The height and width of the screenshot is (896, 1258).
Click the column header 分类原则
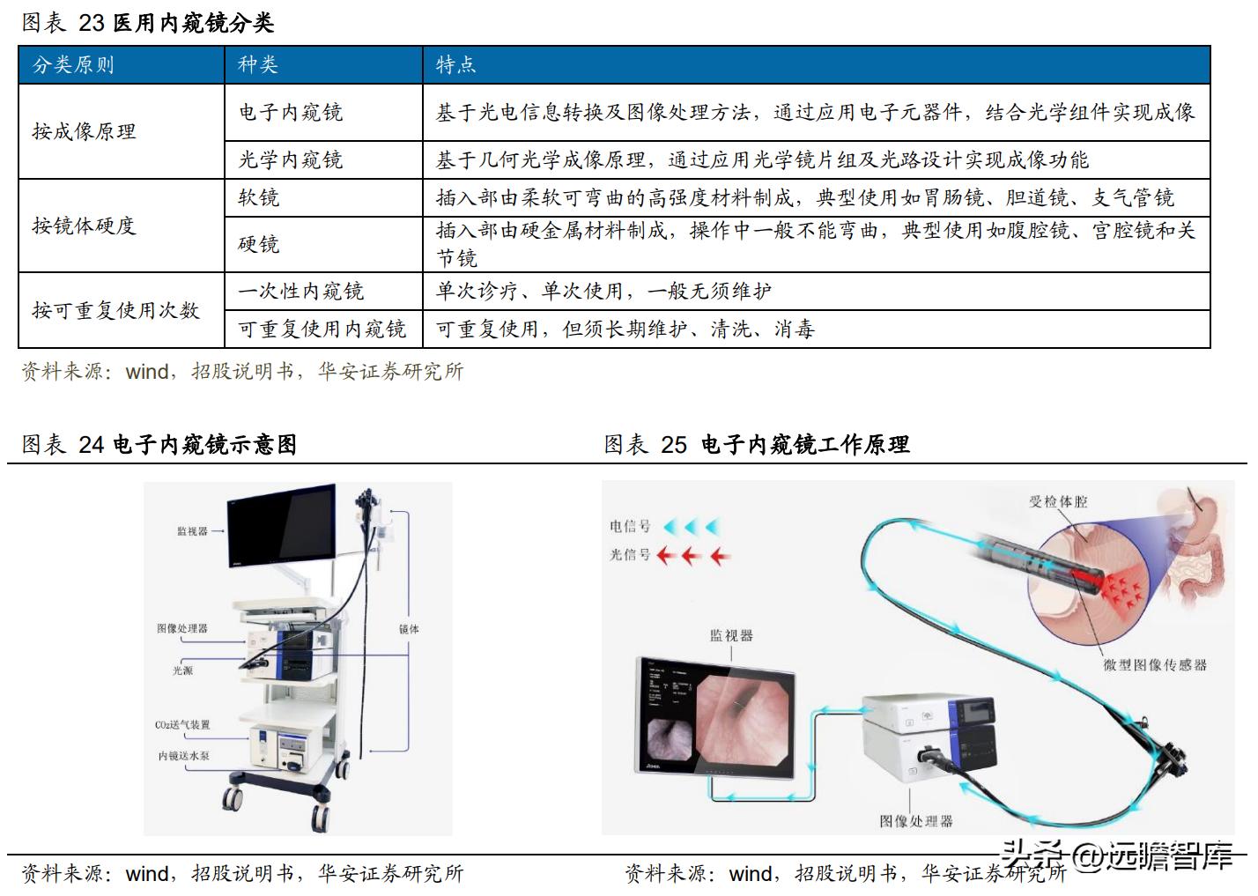pyautogui.click(x=73, y=65)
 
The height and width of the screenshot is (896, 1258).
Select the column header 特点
pyautogui.click(x=455, y=65)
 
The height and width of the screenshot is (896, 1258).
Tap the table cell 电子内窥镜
pyautogui.click(x=291, y=113)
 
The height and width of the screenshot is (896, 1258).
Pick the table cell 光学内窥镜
pyautogui.click(x=291, y=159)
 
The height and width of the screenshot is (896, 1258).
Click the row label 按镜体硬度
pyautogui.click(x=85, y=226)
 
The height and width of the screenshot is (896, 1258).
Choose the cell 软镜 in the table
pyautogui.click(x=259, y=197)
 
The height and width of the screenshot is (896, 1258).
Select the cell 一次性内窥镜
pyautogui.click(x=301, y=291)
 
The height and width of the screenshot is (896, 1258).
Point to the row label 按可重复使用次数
pyautogui.click(x=115, y=310)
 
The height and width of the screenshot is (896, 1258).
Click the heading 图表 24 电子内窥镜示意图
pyautogui.click(x=159, y=444)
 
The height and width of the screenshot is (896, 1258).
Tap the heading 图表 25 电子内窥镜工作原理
pyautogui.click(x=757, y=444)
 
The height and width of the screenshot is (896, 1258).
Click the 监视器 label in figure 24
pyautogui.click(x=192, y=531)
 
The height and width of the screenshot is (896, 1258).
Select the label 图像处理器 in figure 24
pyautogui.click(x=182, y=628)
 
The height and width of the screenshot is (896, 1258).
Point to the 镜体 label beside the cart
pyautogui.click(x=409, y=629)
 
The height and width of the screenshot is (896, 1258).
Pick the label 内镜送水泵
pyautogui.click(x=184, y=756)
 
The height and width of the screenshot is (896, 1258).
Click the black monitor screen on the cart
pyautogui.click(x=281, y=526)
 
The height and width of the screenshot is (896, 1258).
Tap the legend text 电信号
pyautogui.click(x=630, y=527)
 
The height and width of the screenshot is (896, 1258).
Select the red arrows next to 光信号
pyautogui.click(x=694, y=556)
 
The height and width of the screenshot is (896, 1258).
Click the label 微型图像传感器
pyautogui.click(x=1155, y=664)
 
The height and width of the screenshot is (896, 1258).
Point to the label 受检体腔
pyautogui.click(x=1058, y=501)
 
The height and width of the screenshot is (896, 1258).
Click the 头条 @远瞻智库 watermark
pyautogui.click(x=1116, y=855)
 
